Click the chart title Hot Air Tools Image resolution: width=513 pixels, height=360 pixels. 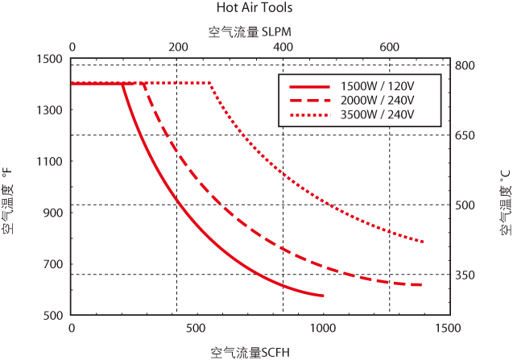(254, 8)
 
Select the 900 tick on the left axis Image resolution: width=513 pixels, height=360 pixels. (52, 213)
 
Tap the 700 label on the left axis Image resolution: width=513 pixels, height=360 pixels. (52, 264)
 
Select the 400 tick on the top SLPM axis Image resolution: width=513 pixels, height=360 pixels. (283, 48)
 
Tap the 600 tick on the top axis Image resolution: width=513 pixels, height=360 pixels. (389, 48)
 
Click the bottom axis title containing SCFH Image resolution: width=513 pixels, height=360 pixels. (250, 352)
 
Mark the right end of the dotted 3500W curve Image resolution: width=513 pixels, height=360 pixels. (423, 242)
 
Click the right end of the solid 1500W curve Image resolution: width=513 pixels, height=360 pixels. (323, 296)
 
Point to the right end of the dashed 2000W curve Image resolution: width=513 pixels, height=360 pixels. (422, 284)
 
